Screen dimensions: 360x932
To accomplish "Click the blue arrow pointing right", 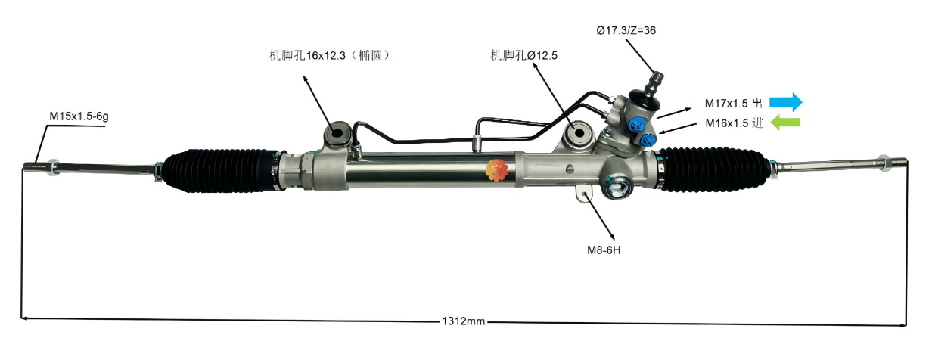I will [x=786, y=102].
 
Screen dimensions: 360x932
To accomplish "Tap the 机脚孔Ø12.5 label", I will [x=524, y=55].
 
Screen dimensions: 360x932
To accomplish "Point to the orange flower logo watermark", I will [x=497, y=171].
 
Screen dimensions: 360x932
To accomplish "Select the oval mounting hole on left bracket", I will [x=336, y=136].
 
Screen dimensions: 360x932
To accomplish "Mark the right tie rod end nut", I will [x=882, y=162].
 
